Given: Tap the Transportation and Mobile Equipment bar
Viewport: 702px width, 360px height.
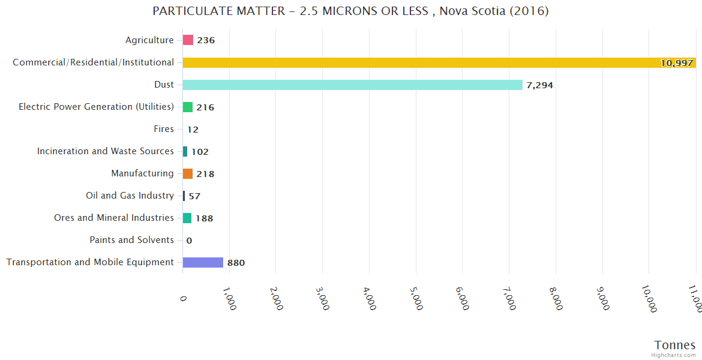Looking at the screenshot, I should tap(203, 262).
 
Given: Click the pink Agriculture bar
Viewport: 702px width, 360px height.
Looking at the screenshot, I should tap(188, 40).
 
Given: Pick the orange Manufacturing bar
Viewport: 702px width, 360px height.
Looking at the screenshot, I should tap(188, 173).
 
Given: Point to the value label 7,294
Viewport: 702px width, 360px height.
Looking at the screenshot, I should tap(539, 85).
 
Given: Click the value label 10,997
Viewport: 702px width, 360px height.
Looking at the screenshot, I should tap(676, 63).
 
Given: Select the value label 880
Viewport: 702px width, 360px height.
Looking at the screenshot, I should tap(236, 263).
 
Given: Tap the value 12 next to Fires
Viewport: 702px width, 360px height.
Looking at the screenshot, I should tap(193, 130).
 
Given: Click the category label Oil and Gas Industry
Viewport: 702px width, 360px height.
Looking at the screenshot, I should tap(130, 196).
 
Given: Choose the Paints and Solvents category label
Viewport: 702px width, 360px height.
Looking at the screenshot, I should tap(131, 240).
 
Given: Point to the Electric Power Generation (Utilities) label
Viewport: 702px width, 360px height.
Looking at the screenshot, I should tap(96, 107).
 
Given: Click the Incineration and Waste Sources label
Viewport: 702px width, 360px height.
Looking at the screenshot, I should tap(105, 151).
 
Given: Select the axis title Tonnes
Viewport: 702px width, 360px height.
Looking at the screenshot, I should tap(674, 345).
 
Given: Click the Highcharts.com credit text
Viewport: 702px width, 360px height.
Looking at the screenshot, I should tap(674, 355).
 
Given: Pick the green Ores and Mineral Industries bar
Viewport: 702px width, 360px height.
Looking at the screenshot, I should tap(187, 218).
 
